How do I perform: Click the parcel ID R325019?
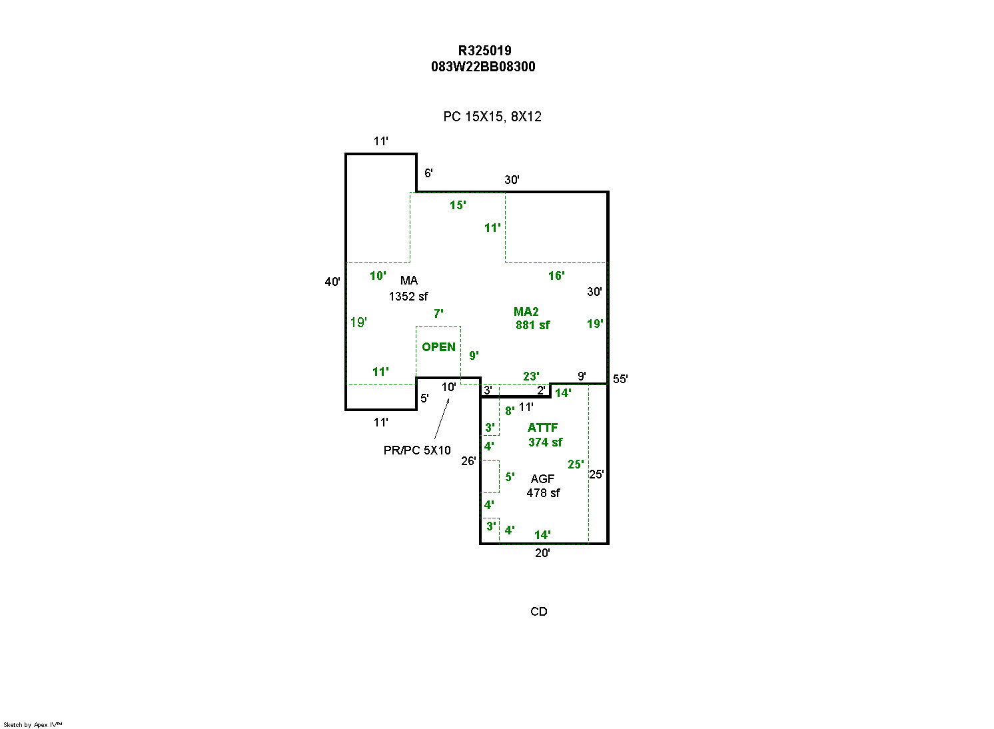pyautogui.click(x=484, y=51)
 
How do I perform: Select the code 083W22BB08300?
pyautogui.click(x=483, y=67)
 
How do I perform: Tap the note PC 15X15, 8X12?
pyautogui.click(x=492, y=117)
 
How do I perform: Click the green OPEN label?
pyautogui.click(x=438, y=347)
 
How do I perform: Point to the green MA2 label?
pyautogui.click(x=526, y=312)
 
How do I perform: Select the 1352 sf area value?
pyautogui.click(x=408, y=296)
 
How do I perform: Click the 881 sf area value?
pyautogui.click(x=533, y=325)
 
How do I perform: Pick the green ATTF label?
pyautogui.click(x=542, y=428)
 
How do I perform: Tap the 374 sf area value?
pyautogui.click(x=545, y=442)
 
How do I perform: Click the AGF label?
pyautogui.click(x=542, y=479)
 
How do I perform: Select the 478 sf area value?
pyautogui.click(x=543, y=493)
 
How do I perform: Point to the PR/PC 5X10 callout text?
pyautogui.click(x=417, y=450)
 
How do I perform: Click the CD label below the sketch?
pyautogui.click(x=539, y=612)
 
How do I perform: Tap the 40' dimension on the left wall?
pyautogui.click(x=332, y=282)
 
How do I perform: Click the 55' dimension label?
pyautogui.click(x=620, y=379)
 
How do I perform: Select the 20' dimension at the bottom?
pyautogui.click(x=542, y=553)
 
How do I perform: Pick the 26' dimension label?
pyautogui.click(x=468, y=461)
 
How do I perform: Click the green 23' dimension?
pyautogui.click(x=531, y=376)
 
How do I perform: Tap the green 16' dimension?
pyautogui.click(x=556, y=276)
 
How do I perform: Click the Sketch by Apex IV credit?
pyautogui.click(x=33, y=724)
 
